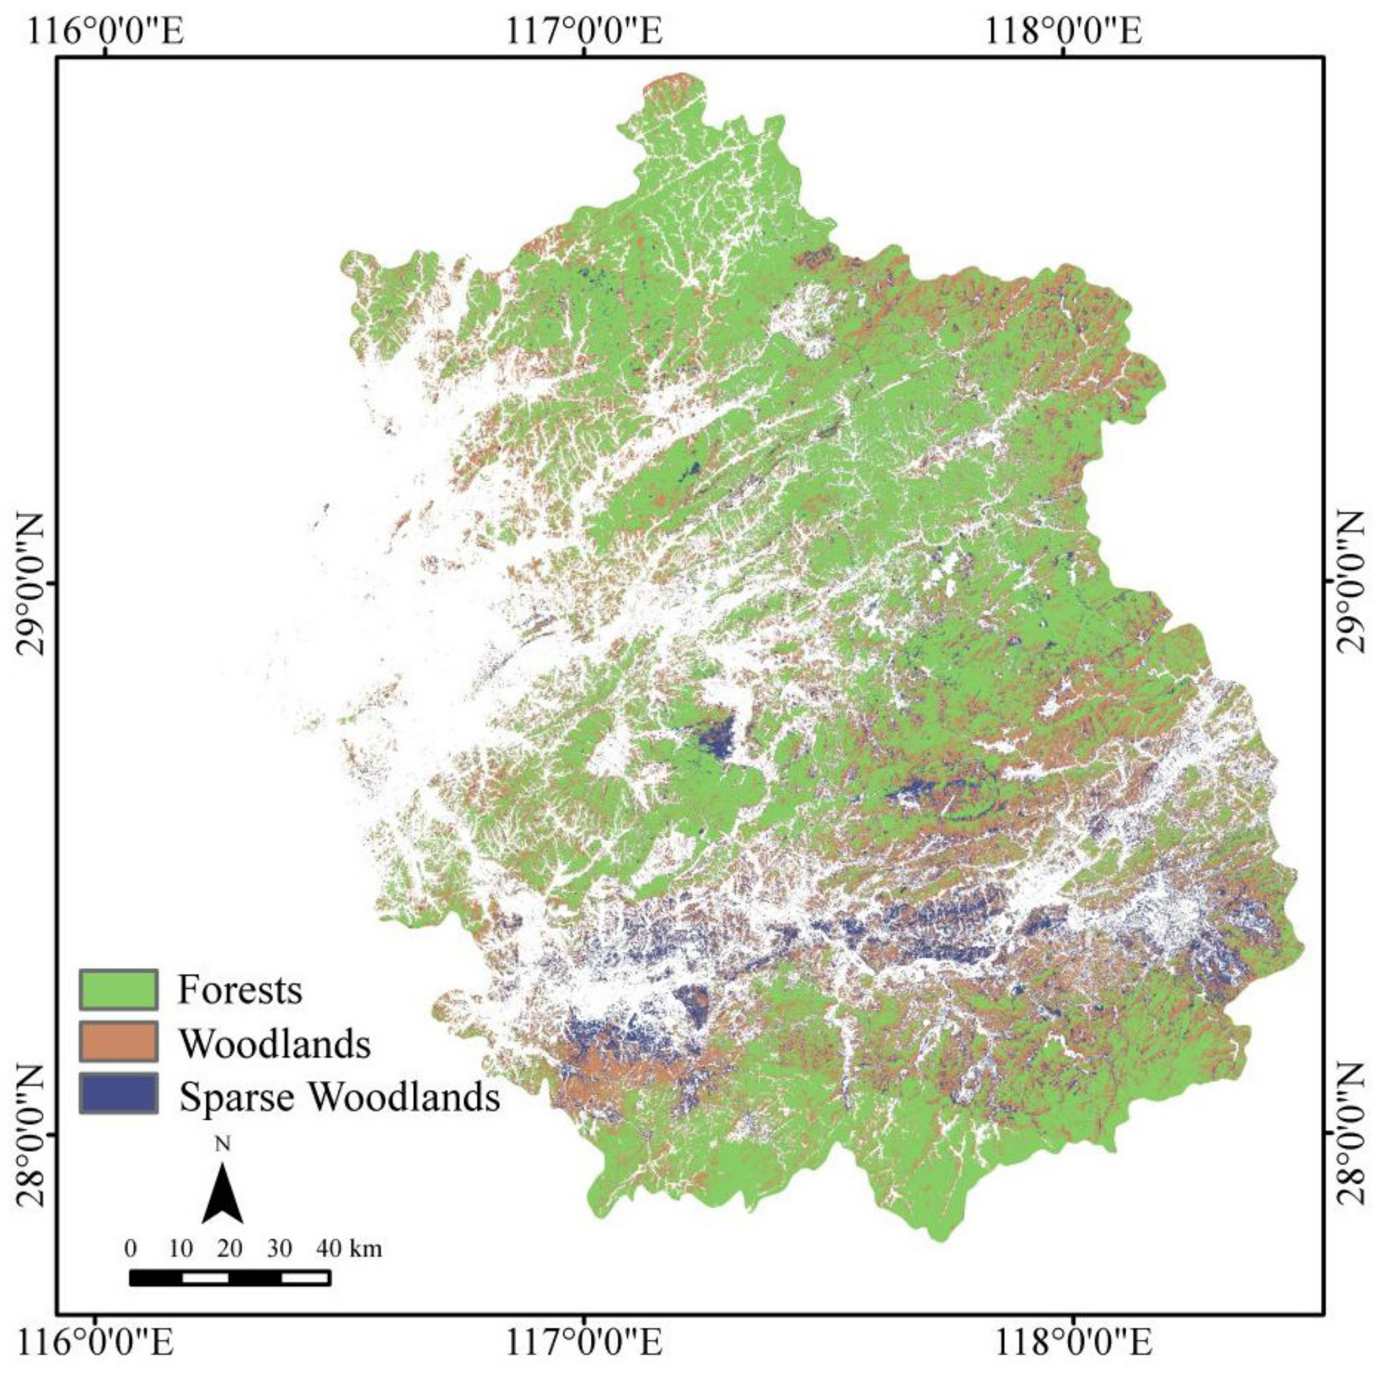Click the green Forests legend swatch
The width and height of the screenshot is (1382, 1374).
coord(118,990)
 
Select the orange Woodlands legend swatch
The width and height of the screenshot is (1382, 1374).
coord(118,1042)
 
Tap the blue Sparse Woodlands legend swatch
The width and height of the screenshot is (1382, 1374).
coord(118,1094)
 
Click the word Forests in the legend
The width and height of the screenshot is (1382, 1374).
coord(239,991)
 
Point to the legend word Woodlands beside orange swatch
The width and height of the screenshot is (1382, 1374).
coord(275,1044)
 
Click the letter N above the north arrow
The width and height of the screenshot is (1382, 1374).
coord(223,1144)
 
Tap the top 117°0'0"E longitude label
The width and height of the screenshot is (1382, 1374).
coord(584,31)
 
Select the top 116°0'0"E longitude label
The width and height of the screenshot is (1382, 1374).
coord(105,31)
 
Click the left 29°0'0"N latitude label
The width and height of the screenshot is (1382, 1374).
coord(30,583)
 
